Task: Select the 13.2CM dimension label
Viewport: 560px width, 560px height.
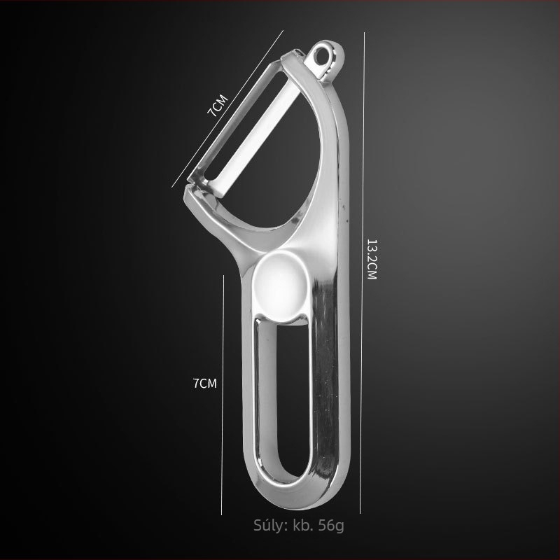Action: pos(372,259)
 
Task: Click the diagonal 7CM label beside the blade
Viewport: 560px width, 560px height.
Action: pos(217,106)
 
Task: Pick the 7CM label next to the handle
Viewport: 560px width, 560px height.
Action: pos(205,383)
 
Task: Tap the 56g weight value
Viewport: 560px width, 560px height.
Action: pos(331,526)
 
